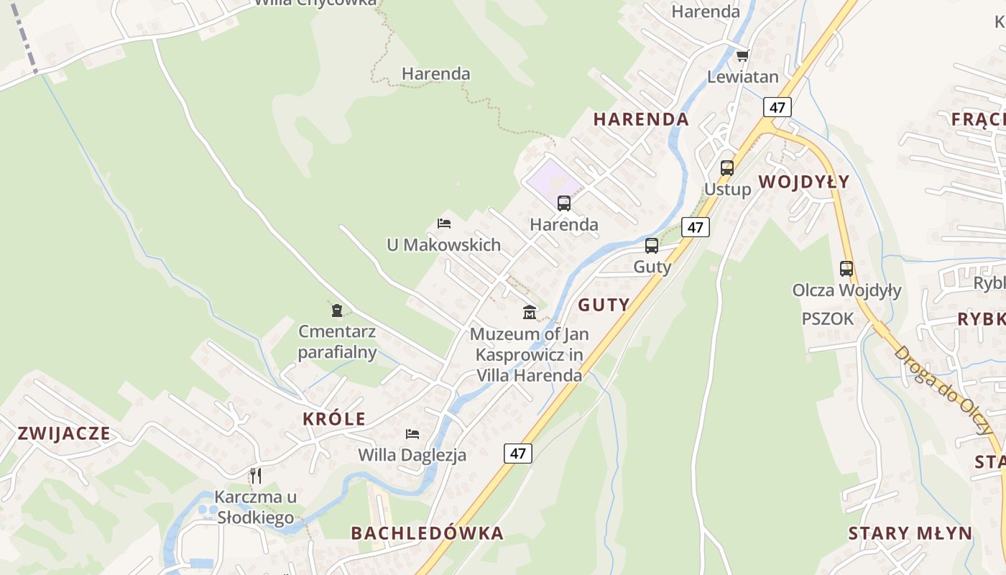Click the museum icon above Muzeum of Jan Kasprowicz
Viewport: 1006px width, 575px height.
(x=530, y=312)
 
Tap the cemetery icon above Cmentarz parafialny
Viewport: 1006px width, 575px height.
(x=337, y=310)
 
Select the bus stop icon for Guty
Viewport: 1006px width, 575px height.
(x=652, y=246)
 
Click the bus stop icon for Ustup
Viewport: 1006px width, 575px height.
(x=727, y=168)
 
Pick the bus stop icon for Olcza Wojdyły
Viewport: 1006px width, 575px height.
(x=846, y=269)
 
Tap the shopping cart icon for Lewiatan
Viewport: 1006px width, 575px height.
(x=742, y=55)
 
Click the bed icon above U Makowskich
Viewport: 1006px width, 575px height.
(x=444, y=224)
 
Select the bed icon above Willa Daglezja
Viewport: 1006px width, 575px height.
(x=412, y=433)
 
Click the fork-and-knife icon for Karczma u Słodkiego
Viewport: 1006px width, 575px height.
(x=256, y=475)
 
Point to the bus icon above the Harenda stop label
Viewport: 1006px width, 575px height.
(x=564, y=203)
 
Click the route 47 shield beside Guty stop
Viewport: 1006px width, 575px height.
(x=695, y=227)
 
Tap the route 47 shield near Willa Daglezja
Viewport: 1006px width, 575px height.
(x=518, y=454)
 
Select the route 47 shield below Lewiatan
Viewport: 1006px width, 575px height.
(x=777, y=107)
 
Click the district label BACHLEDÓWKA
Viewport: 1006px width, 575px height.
(x=427, y=533)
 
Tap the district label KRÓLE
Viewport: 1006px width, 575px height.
(x=334, y=419)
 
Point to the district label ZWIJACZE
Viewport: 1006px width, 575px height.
(x=64, y=433)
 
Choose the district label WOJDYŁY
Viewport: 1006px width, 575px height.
(x=804, y=182)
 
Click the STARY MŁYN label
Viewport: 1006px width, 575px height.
(x=910, y=533)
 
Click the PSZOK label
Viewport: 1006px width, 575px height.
(x=828, y=318)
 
